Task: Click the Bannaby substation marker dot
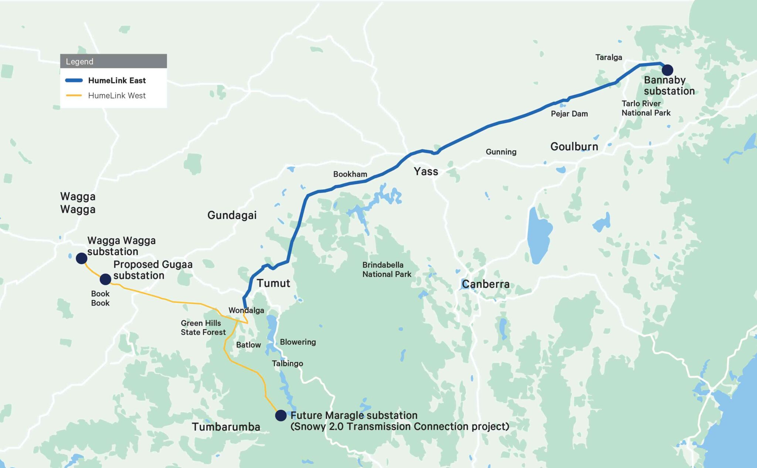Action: [x=667, y=70]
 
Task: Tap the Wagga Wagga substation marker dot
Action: [x=81, y=258]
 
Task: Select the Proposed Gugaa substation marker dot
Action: [x=105, y=279]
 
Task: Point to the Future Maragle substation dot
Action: [x=281, y=415]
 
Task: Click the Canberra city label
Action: [x=485, y=284]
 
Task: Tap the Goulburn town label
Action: [x=574, y=147]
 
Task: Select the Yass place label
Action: [x=426, y=172]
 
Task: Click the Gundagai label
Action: [x=232, y=215]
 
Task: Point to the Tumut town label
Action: [x=273, y=283]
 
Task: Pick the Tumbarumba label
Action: [x=226, y=427]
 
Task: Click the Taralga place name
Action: [x=608, y=57]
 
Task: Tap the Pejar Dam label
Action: [x=569, y=114]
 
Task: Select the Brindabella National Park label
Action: [x=387, y=270]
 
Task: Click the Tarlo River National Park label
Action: [x=646, y=108]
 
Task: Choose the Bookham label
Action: [x=350, y=174]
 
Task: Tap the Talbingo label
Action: [x=287, y=364]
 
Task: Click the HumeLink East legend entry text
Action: [x=117, y=81]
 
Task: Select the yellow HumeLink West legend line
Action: [x=74, y=95]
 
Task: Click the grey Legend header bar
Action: [x=113, y=61]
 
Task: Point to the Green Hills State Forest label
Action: [x=203, y=328]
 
